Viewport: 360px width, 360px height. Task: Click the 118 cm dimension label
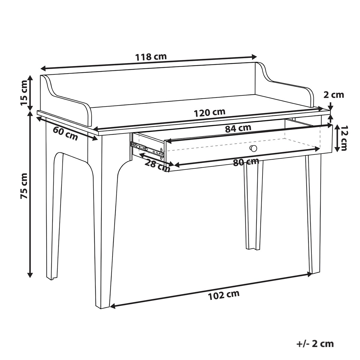click(151, 57)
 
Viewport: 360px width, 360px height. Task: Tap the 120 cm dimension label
click(210, 113)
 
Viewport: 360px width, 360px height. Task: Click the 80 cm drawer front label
click(246, 162)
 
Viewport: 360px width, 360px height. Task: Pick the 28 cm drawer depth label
click(157, 166)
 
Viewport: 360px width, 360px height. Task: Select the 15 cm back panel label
click(24, 93)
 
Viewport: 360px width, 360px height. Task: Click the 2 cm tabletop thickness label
click(334, 95)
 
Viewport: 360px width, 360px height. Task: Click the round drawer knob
click(253, 148)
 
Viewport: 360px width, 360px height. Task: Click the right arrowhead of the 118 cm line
click(254, 56)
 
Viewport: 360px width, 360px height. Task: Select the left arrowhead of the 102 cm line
click(113, 306)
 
